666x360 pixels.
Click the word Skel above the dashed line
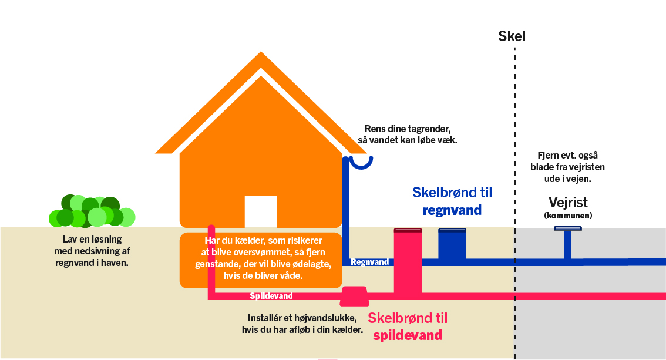[x=512, y=36]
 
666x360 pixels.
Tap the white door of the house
[x=260, y=211]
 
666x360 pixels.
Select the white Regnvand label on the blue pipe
[x=369, y=263]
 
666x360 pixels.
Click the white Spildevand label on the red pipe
[x=271, y=296]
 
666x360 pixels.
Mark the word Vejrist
[x=568, y=203]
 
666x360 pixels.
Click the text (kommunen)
[x=568, y=216]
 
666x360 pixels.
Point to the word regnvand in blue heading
[x=452, y=210]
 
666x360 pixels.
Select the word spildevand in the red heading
[x=408, y=336]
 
